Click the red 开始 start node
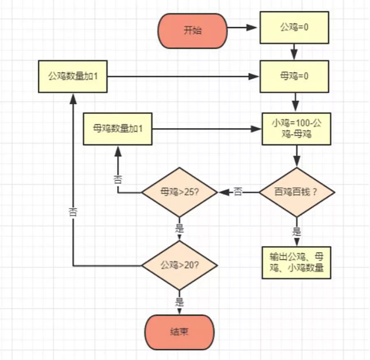(x=192, y=31)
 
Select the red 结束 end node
(x=180, y=332)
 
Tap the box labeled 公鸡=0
(x=294, y=28)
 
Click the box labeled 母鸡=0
(x=294, y=76)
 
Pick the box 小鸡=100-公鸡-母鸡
(x=296, y=128)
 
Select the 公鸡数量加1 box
(x=73, y=77)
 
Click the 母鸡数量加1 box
(x=118, y=128)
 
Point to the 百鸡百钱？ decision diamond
(x=296, y=192)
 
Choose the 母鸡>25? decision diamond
(x=180, y=192)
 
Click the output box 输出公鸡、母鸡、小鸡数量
(x=296, y=262)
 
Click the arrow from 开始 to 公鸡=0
(x=243, y=28)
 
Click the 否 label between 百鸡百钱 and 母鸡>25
(x=238, y=192)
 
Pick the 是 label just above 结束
(x=180, y=302)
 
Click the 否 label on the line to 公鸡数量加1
(x=73, y=212)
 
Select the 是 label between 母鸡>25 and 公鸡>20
(x=180, y=228)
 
